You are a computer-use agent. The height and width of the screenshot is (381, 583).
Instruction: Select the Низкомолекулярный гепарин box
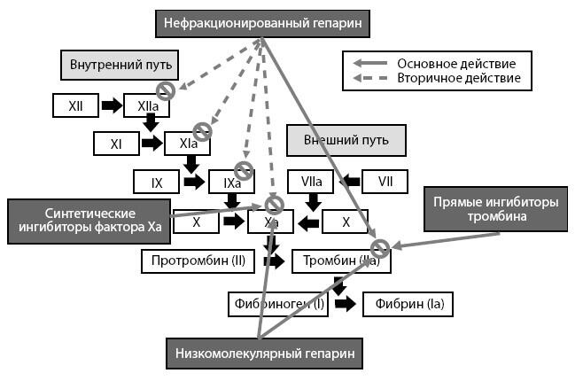pos(264,354)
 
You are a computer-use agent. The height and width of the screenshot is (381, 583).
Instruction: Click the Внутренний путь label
pos(120,65)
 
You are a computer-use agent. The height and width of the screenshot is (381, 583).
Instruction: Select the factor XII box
pos(76,105)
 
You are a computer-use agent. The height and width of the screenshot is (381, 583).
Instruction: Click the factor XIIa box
pos(147,105)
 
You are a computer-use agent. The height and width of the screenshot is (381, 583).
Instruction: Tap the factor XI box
pos(115,142)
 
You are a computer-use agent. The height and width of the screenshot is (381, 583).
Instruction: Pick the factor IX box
pos(157,183)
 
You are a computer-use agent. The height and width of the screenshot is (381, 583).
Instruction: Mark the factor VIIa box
pos(310,183)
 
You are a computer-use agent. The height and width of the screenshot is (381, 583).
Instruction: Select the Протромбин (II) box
pos(199,262)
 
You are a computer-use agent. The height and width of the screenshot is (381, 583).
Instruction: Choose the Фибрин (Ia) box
pos(409,304)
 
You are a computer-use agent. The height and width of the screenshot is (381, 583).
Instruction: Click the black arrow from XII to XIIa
pos(112,105)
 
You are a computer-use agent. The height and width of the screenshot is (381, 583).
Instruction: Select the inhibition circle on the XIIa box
pos(165,90)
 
